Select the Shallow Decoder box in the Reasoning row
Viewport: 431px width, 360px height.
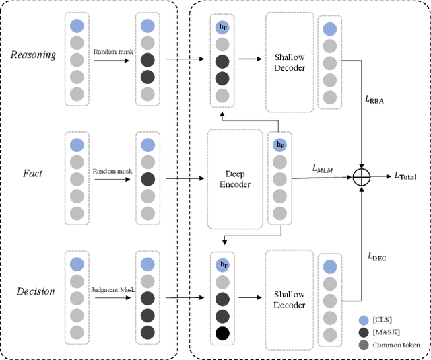point(290,61)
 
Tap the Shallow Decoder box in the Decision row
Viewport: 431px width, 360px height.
point(290,299)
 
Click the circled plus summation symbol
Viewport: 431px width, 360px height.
point(363,176)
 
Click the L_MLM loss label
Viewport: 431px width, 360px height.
point(325,170)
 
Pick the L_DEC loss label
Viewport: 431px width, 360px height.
point(376,256)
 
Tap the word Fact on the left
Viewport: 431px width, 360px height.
point(32,173)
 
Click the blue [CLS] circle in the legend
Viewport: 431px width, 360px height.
point(364,319)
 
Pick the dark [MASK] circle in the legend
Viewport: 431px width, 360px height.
point(364,332)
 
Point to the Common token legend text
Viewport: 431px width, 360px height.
point(398,345)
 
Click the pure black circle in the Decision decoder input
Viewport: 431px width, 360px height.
point(223,333)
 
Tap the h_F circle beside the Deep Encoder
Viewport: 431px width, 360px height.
point(279,145)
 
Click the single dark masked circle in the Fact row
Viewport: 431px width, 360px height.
point(147,178)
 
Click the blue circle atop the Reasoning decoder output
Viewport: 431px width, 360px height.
point(329,29)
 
